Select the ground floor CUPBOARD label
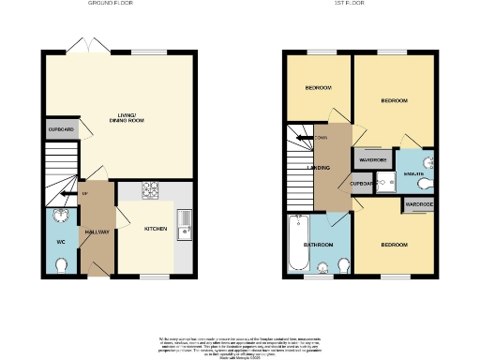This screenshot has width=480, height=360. click(x=59, y=129)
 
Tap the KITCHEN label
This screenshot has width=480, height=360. click(x=155, y=229)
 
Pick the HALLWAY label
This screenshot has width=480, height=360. click(x=97, y=232)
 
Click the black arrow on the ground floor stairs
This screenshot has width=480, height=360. click(x=63, y=195)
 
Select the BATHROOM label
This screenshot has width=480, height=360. click(x=317, y=246)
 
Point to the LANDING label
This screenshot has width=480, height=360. click(x=302, y=169)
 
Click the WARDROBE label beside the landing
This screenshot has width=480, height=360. click(x=374, y=159)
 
